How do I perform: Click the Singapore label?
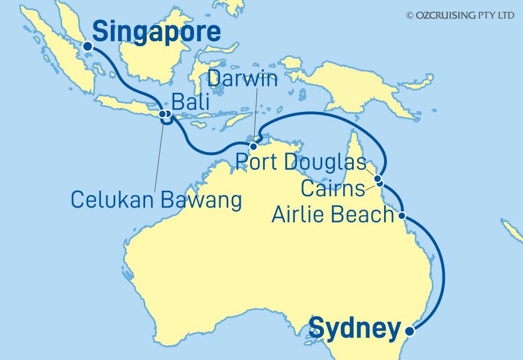point(156,32)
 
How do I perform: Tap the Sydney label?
point(355,328)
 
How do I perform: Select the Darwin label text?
point(242,79)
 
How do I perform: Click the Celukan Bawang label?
point(156,199)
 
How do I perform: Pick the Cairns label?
point(333,188)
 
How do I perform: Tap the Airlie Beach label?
point(332,214)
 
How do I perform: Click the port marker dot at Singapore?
point(87,47)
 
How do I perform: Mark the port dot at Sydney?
point(409,331)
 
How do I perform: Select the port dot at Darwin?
point(253,147)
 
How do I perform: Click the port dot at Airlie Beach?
point(402,215)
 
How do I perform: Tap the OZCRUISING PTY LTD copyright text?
point(460,16)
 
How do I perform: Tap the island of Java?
point(129,106)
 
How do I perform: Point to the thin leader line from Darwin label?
point(256,112)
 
